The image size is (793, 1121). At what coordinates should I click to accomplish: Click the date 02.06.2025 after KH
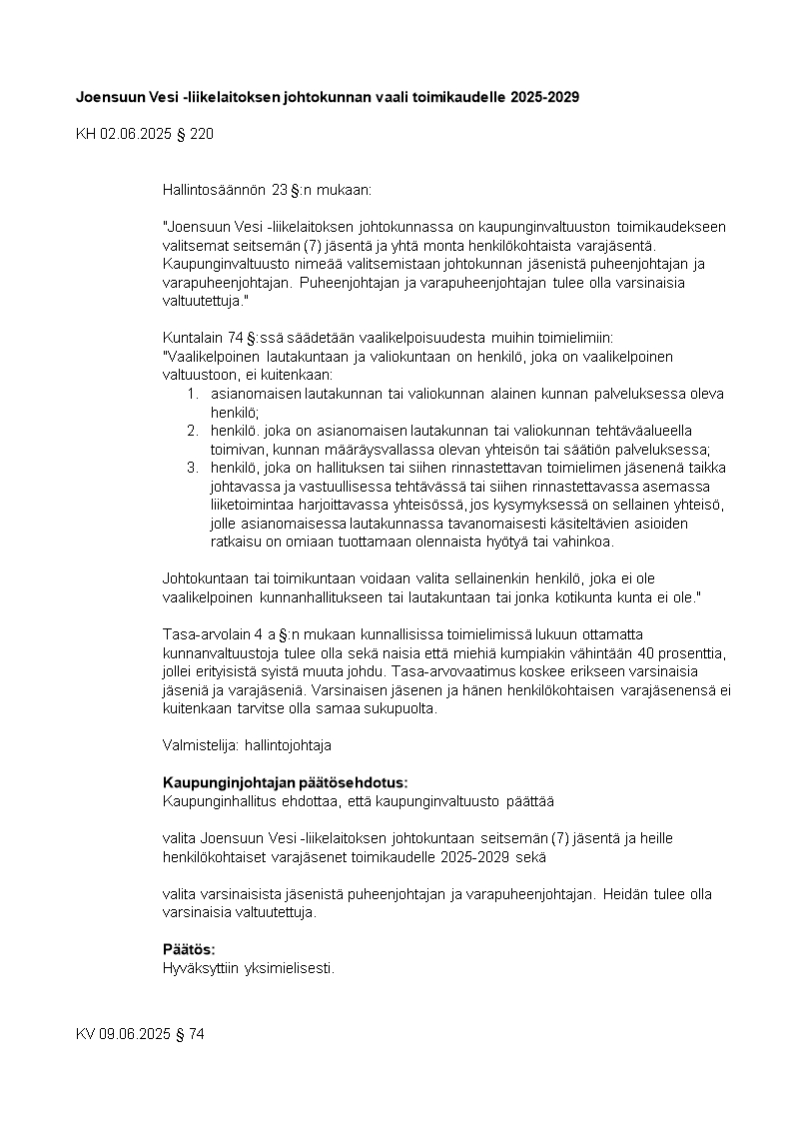click(x=135, y=133)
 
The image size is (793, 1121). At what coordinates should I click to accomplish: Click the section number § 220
click(x=194, y=133)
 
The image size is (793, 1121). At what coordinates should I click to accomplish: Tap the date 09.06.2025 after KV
click(x=135, y=1034)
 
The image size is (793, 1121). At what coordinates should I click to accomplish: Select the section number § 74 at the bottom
click(x=190, y=1034)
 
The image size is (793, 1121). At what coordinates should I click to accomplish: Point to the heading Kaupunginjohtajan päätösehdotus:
click(x=285, y=782)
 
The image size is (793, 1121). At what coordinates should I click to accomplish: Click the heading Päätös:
click(x=189, y=950)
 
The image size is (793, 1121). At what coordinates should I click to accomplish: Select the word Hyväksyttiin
click(x=196, y=967)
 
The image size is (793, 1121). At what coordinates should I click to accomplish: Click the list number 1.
click(x=193, y=394)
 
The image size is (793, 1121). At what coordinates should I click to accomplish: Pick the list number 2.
click(x=193, y=431)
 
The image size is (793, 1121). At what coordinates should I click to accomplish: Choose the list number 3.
click(x=193, y=468)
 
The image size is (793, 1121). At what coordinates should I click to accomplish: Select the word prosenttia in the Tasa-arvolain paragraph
click(x=694, y=652)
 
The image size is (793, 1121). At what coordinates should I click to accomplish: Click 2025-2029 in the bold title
click(x=543, y=97)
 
